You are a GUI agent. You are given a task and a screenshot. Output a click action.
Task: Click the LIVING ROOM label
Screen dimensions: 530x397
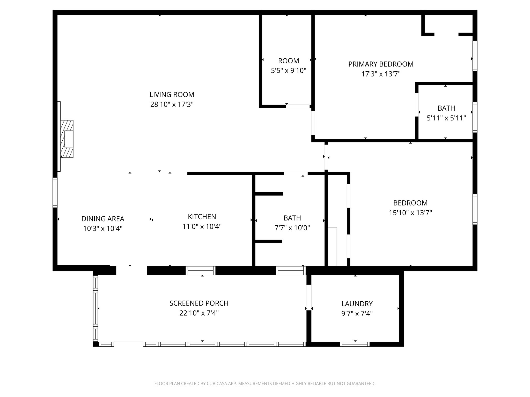[x=172, y=95]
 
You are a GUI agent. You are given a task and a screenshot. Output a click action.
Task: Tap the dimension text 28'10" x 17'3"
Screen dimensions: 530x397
[x=172, y=104]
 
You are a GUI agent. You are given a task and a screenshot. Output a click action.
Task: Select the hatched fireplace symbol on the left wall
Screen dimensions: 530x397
[x=67, y=139]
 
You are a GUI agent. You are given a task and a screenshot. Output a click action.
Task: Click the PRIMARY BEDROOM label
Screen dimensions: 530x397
[x=381, y=64]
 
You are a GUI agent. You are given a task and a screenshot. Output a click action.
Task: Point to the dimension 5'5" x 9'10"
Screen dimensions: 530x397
[x=289, y=71]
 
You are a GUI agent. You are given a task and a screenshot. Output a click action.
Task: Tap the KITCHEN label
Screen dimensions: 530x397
[x=202, y=217]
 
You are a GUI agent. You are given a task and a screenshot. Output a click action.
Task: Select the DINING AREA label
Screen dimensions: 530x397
[x=103, y=219]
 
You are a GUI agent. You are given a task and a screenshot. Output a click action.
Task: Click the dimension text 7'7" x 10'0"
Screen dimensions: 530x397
[x=292, y=228]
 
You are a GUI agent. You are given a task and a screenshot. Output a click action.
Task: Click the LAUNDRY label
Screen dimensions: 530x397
[x=357, y=304]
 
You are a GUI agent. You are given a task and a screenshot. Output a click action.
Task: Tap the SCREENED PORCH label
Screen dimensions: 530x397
[x=199, y=303]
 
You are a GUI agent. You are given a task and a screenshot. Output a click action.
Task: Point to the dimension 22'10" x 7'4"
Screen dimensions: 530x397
[x=199, y=313]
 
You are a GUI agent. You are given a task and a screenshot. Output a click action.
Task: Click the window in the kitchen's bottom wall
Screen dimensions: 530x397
[x=201, y=270]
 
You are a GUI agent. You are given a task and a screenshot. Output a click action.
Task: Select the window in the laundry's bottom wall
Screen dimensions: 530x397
[x=355, y=344]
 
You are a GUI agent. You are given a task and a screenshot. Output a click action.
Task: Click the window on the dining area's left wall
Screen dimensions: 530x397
[x=55, y=193]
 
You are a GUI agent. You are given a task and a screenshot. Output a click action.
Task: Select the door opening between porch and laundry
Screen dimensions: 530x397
[x=309, y=297]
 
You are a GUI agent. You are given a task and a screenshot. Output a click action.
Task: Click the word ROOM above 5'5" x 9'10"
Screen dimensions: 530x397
[x=289, y=61]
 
